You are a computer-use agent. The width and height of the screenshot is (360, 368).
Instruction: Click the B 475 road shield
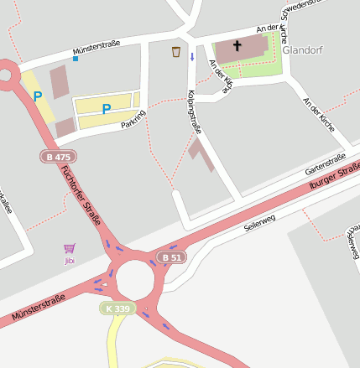pos(58,157)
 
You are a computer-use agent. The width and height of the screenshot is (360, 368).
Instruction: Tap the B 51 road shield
pos(171,257)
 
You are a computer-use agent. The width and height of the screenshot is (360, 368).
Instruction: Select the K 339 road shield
pos(118,308)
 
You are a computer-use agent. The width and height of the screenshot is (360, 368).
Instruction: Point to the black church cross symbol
pos(237,45)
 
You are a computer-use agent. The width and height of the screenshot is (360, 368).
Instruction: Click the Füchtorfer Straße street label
pos(81,194)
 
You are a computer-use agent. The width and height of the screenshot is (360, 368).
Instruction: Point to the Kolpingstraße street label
pos(194,111)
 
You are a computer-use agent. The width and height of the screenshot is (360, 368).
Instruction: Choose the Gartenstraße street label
pos(320,161)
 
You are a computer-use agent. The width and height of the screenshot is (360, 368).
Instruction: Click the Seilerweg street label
pos(259,222)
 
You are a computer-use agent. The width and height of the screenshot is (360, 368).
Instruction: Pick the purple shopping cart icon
pos(69,248)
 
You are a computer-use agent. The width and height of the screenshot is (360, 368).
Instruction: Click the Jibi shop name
pos(70,261)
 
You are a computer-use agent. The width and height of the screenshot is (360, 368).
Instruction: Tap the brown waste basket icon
pos(176,52)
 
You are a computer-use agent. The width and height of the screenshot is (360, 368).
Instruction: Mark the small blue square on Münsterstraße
pos(76,59)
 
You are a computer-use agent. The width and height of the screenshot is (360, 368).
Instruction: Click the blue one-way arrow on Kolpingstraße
pos(191,57)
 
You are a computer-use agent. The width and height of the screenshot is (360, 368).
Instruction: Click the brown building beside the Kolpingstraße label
pos(201,154)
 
